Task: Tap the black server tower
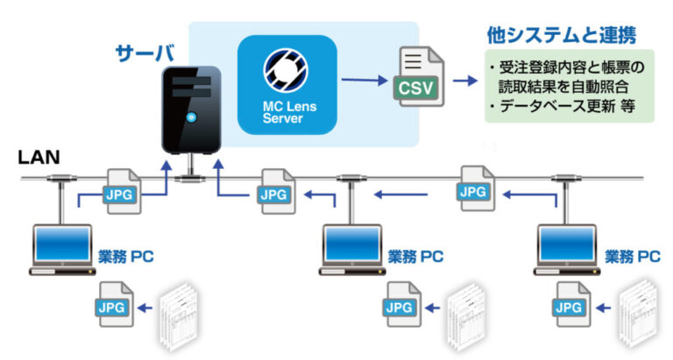[x=188, y=109]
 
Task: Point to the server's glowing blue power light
[x=190, y=117]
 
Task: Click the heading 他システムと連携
[x=562, y=36]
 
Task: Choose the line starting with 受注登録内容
[x=570, y=68]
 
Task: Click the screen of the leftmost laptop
[x=61, y=243]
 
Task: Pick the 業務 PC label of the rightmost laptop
[x=633, y=257]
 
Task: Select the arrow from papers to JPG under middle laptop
[x=429, y=307]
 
